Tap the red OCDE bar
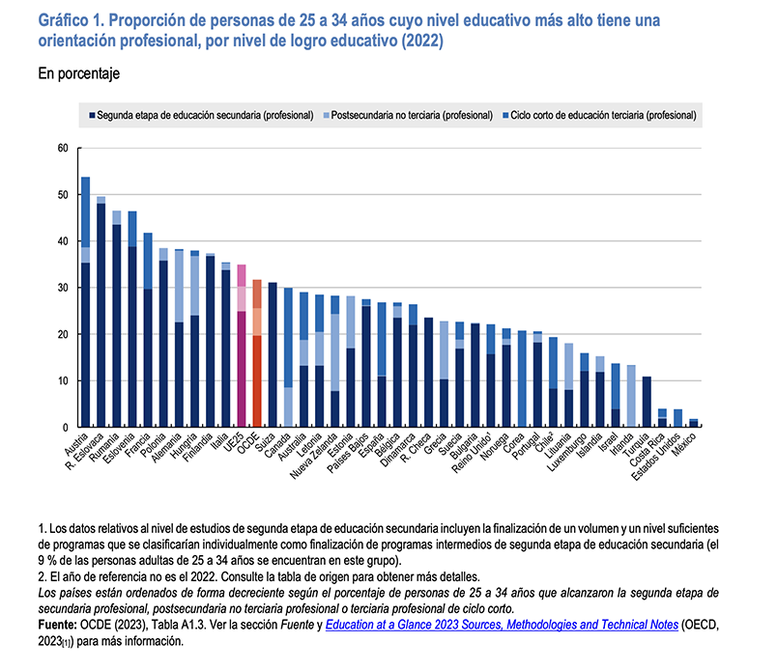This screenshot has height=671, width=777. coord(257,353)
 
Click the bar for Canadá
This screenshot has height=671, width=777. coord(288,357)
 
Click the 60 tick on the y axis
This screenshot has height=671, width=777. coord(63,149)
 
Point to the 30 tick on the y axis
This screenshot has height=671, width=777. coord(63,288)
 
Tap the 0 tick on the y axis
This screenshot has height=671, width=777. coord(66,428)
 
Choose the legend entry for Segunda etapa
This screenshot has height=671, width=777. coord(206,114)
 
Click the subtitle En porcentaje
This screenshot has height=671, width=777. coord(78,73)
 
